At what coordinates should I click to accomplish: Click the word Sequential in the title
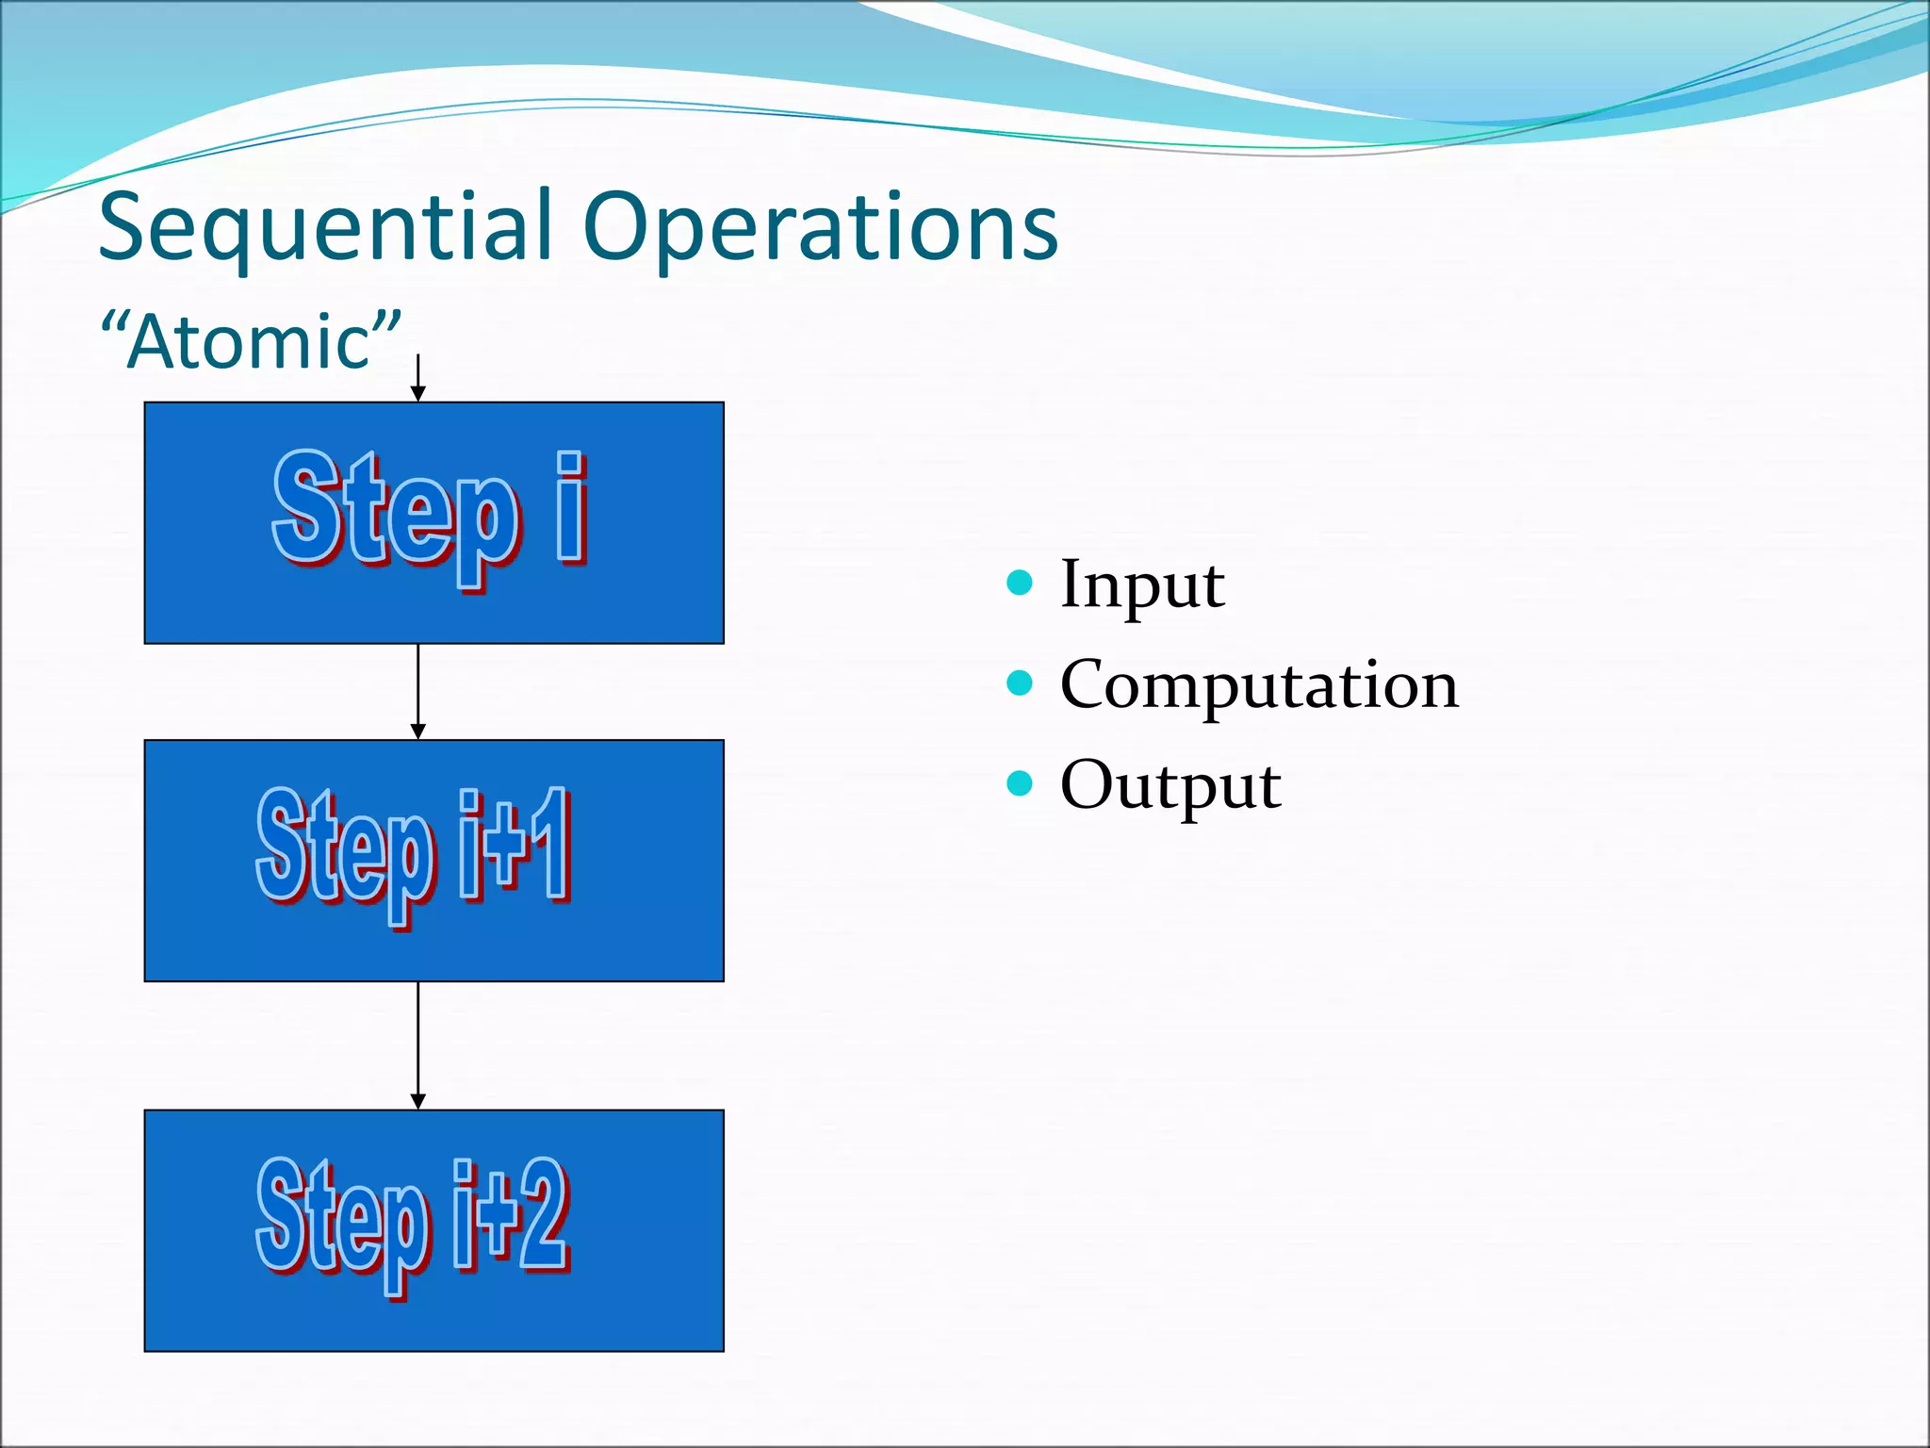tap(325, 228)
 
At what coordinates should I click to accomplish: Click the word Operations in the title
tap(820, 228)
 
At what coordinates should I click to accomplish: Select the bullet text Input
tap(1141, 584)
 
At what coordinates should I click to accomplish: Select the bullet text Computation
tap(1258, 684)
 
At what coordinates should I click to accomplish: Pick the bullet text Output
tap(1169, 784)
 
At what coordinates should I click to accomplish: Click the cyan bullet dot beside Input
tap(1020, 583)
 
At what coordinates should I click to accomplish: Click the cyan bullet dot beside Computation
tap(1020, 683)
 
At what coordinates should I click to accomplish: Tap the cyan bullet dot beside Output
tap(1020, 782)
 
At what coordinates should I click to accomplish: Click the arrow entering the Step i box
tap(418, 379)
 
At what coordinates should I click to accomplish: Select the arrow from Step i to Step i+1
tap(418, 691)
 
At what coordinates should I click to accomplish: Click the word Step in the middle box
tap(344, 848)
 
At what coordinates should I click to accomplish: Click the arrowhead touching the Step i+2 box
tap(418, 1101)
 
